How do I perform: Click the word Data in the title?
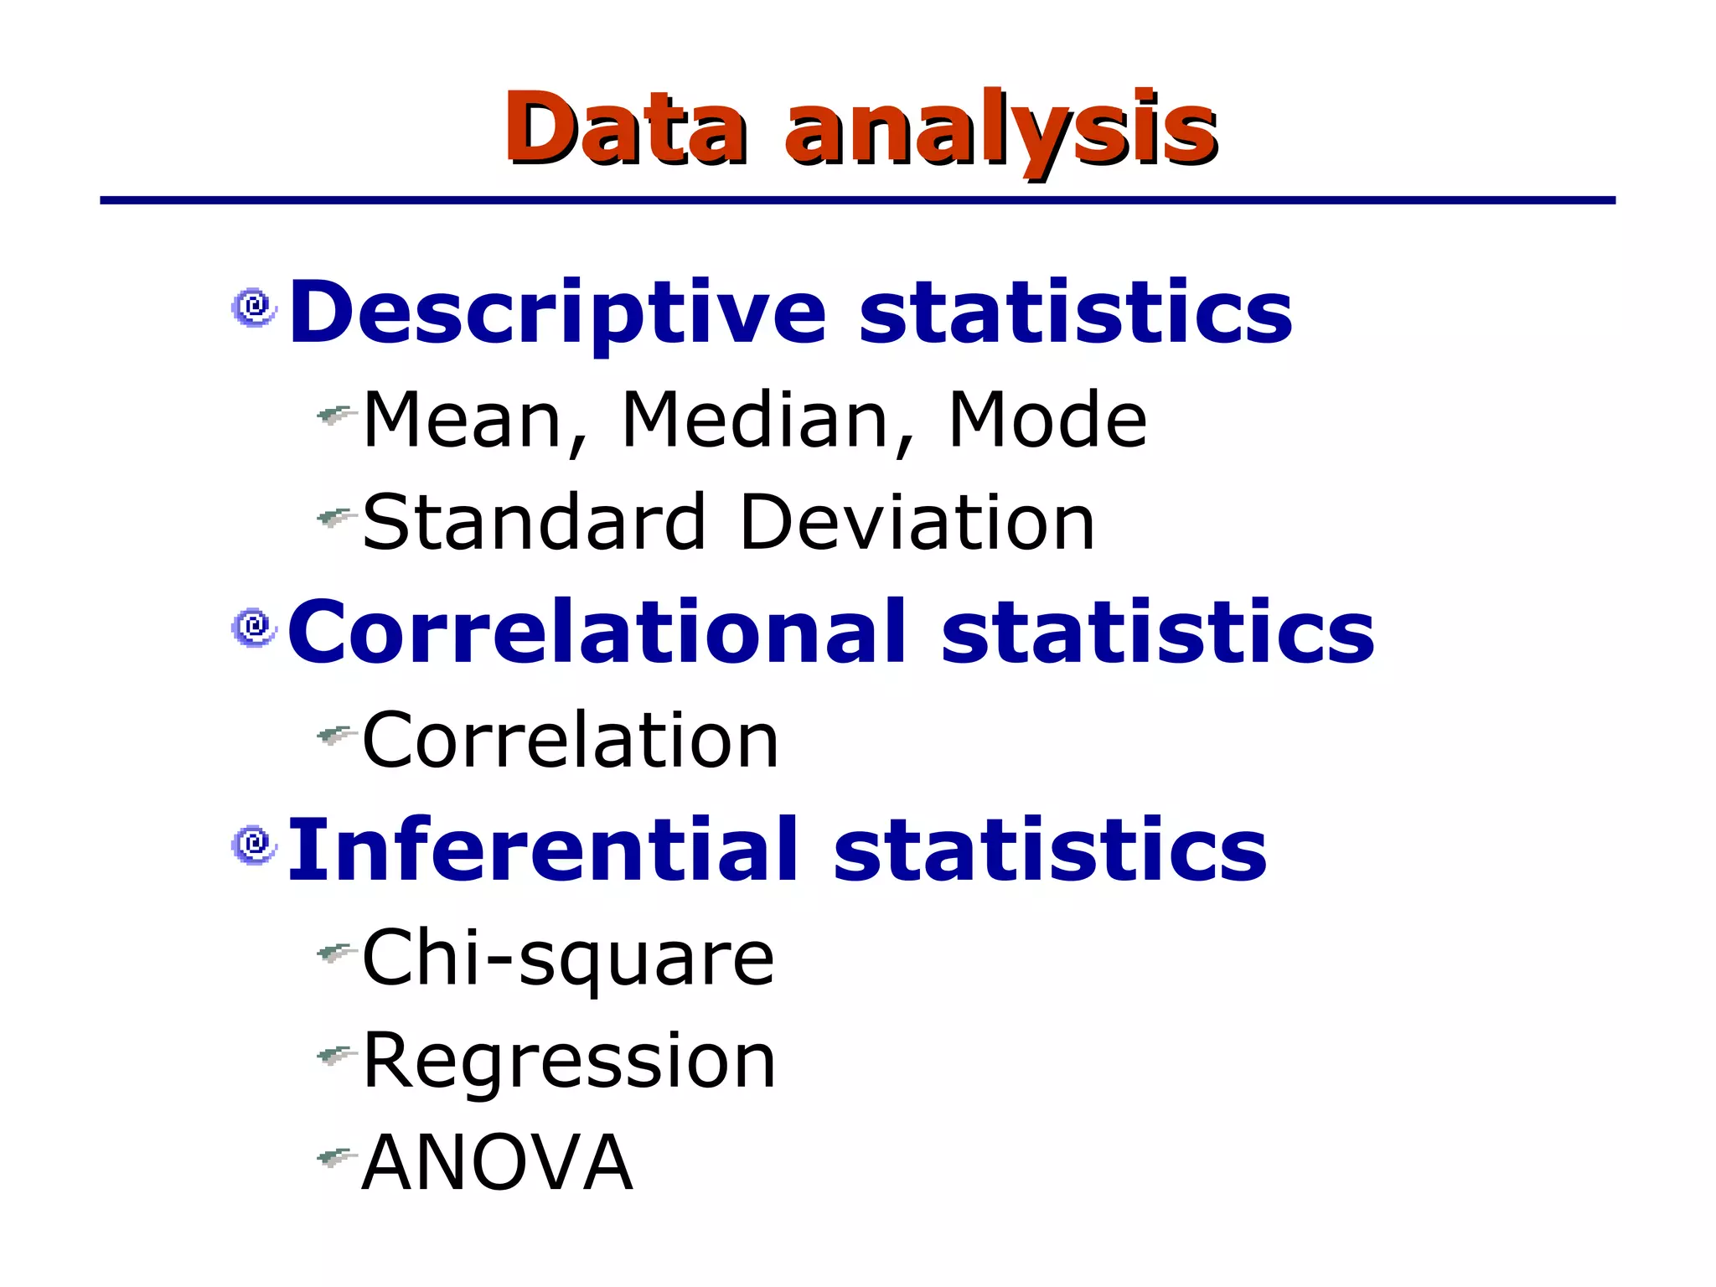coord(624,127)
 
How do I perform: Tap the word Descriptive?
coord(557,313)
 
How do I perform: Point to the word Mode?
coord(1047,421)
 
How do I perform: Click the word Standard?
coord(534,523)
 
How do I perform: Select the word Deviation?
coord(917,523)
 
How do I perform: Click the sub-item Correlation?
coord(571,740)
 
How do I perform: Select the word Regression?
coord(569,1062)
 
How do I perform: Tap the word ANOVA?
coord(497,1163)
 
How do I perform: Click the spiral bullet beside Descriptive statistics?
coord(254,308)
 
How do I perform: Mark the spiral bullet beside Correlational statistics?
coord(254,628)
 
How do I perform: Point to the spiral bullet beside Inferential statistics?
coord(254,845)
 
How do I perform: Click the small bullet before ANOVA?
coord(336,1159)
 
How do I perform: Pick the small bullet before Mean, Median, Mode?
coord(336,414)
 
